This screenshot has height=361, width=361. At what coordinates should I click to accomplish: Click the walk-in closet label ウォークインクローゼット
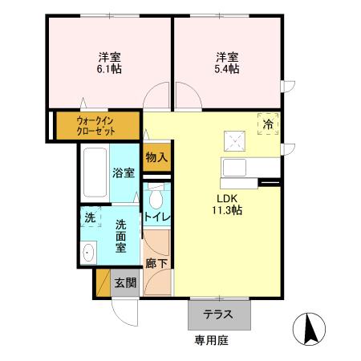click(95, 125)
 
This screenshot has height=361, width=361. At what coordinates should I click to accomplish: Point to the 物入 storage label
click(156, 157)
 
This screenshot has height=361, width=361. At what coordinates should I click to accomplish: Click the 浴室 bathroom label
click(123, 172)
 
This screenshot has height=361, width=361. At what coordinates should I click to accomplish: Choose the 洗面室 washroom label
click(121, 236)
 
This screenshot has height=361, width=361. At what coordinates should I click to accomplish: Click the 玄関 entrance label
click(124, 282)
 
